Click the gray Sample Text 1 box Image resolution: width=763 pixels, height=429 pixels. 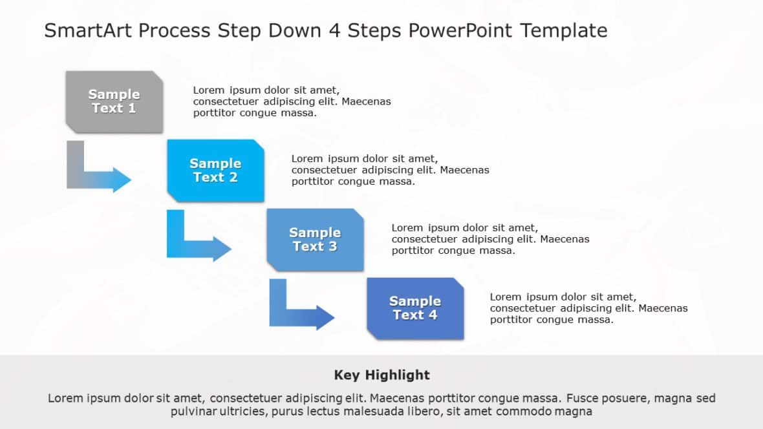114,101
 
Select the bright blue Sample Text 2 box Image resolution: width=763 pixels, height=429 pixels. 215,171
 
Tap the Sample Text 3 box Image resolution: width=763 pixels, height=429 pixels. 315,239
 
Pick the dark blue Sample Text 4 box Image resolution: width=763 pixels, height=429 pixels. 414,308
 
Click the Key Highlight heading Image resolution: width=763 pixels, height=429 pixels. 381,375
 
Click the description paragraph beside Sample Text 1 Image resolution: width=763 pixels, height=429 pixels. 292,101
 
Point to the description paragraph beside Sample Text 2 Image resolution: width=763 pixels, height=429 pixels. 390,170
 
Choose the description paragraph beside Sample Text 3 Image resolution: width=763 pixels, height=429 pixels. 490,239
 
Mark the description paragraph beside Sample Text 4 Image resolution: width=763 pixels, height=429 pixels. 588,308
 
